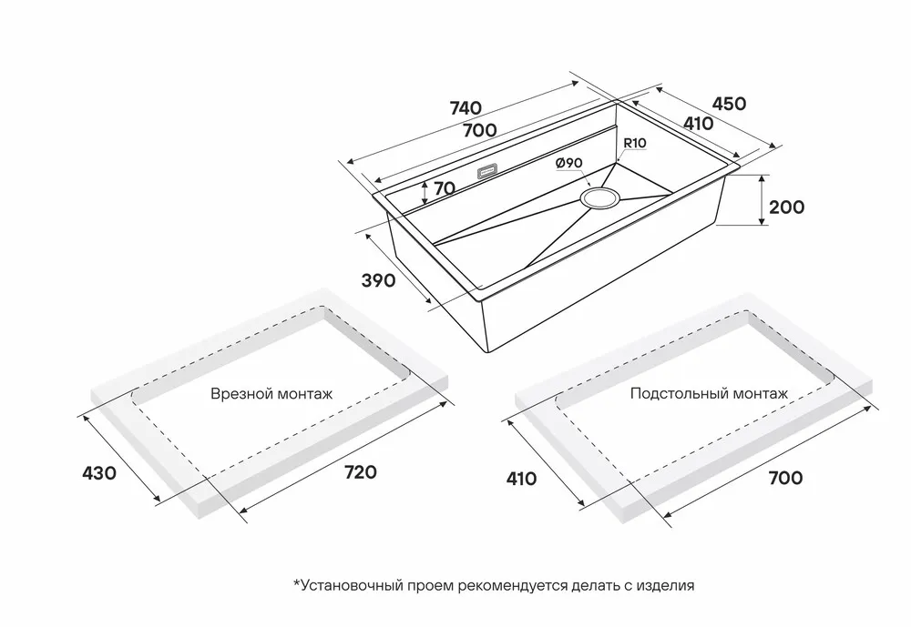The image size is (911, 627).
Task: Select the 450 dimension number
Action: click(x=729, y=103)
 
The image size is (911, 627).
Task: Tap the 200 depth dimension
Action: click(x=786, y=207)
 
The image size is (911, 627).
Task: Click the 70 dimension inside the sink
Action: click(x=445, y=189)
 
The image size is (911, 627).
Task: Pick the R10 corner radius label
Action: click(x=634, y=143)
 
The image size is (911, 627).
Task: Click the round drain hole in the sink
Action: click(x=600, y=197)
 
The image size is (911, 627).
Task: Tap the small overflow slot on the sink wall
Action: click(x=487, y=169)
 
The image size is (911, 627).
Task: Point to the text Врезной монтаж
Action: click(x=271, y=395)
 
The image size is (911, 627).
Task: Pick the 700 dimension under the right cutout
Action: click(x=784, y=478)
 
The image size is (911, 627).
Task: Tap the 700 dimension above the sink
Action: click(x=479, y=130)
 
